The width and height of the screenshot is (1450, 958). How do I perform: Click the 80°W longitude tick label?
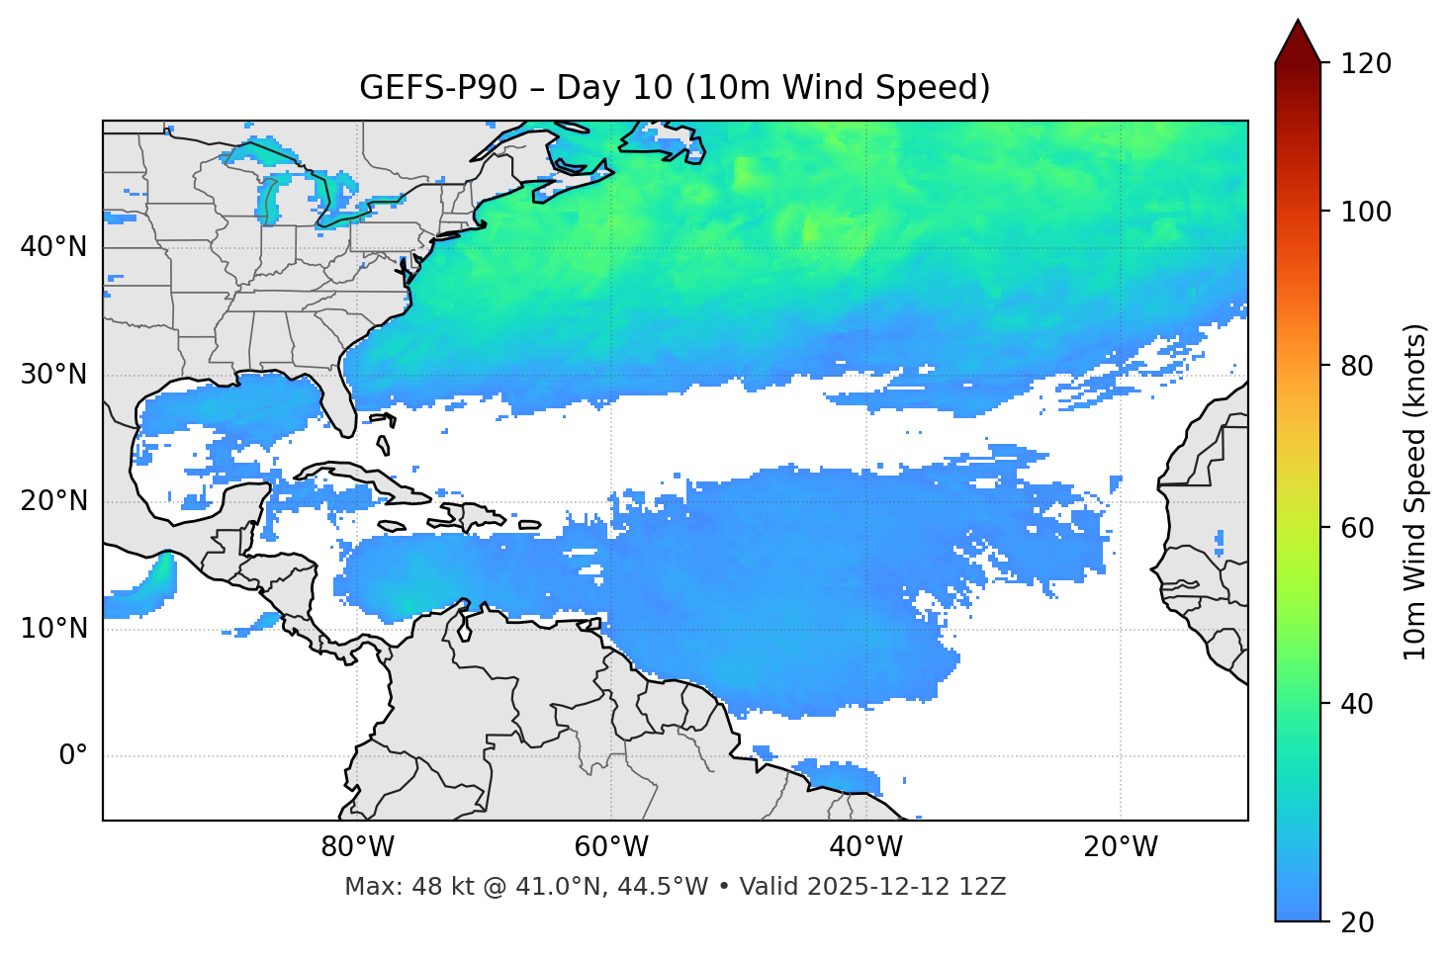357,847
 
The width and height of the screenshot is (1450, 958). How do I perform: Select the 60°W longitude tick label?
611,847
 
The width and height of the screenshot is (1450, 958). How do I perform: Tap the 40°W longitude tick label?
865,847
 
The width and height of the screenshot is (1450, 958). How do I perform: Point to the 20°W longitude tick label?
1120,847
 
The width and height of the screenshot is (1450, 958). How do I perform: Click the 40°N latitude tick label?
53,247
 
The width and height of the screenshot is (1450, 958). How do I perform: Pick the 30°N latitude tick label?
53,375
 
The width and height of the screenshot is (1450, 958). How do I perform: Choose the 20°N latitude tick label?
53,501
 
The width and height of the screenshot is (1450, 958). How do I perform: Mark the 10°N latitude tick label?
53,629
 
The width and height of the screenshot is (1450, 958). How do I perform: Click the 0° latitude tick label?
73,756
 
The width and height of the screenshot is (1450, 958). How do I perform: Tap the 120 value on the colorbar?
1366,64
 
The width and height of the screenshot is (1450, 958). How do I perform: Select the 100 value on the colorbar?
1366,212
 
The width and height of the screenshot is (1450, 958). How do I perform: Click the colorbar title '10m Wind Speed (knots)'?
1415,492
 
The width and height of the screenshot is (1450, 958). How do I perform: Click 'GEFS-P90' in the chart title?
438,88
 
